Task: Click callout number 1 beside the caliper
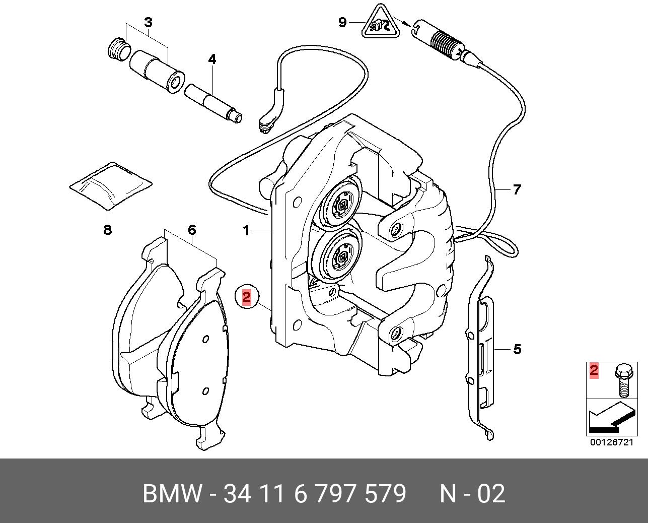[x=246, y=231]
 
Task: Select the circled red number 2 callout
[x=246, y=297]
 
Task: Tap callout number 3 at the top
[x=148, y=23]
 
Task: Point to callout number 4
[x=212, y=59]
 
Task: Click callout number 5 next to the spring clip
[x=517, y=349]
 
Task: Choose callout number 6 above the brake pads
[x=191, y=230]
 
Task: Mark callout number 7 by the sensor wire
[x=517, y=190]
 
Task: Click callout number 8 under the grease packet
[x=107, y=231]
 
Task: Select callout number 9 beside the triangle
[x=342, y=22]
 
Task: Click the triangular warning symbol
[x=380, y=23]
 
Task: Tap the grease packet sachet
[x=111, y=185]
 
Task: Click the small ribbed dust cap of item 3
[x=119, y=49]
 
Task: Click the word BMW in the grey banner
[x=172, y=494]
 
